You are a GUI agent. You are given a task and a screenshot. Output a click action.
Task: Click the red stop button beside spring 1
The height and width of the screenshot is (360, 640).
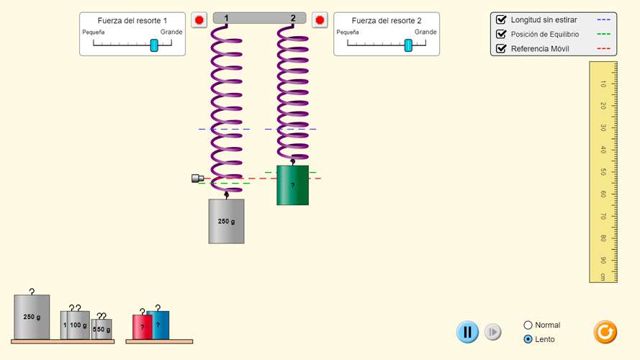pyautogui.click(x=199, y=20)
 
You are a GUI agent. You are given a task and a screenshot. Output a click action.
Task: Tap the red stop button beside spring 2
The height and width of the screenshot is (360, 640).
pyautogui.click(x=320, y=20)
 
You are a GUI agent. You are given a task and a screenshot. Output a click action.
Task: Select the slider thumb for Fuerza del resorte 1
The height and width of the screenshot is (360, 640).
pyautogui.click(x=154, y=45)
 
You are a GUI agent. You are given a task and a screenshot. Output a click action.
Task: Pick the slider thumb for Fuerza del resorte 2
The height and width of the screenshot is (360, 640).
pyautogui.click(x=408, y=45)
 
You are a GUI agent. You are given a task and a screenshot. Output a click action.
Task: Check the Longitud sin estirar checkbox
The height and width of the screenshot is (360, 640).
pyautogui.click(x=501, y=19)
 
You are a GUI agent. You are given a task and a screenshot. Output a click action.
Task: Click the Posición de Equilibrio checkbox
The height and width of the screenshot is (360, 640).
pyautogui.click(x=501, y=35)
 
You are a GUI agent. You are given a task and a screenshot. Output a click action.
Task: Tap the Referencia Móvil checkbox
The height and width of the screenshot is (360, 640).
pyautogui.click(x=501, y=48)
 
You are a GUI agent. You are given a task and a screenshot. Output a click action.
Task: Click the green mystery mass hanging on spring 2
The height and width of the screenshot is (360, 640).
pyautogui.click(x=293, y=185)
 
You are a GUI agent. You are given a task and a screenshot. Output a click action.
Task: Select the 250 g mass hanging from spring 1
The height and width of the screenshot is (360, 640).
pyautogui.click(x=227, y=221)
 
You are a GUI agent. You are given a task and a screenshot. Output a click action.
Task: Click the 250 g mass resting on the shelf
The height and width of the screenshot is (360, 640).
pyautogui.click(x=32, y=317)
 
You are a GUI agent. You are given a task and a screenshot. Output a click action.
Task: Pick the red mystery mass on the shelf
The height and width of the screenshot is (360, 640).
pyautogui.click(x=142, y=327)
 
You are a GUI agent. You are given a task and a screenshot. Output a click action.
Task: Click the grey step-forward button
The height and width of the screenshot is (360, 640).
pyautogui.click(x=493, y=332)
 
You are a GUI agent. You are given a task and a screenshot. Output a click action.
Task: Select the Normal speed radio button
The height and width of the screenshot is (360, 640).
pyautogui.click(x=528, y=325)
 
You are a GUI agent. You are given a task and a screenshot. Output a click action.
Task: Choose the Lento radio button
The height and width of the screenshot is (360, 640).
pyautogui.click(x=528, y=339)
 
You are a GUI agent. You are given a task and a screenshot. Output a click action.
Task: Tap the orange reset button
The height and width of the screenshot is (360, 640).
pyautogui.click(x=605, y=332)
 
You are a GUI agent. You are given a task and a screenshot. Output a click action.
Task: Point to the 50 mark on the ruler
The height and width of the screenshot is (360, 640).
pyautogui.click(x=603, y=172)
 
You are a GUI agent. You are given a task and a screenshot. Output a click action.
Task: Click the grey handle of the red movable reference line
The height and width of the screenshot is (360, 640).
pyautogui.click(x=197, y=179)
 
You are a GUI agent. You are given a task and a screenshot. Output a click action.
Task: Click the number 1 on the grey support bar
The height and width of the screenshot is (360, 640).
pyautogui.click(x=226, y=18)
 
